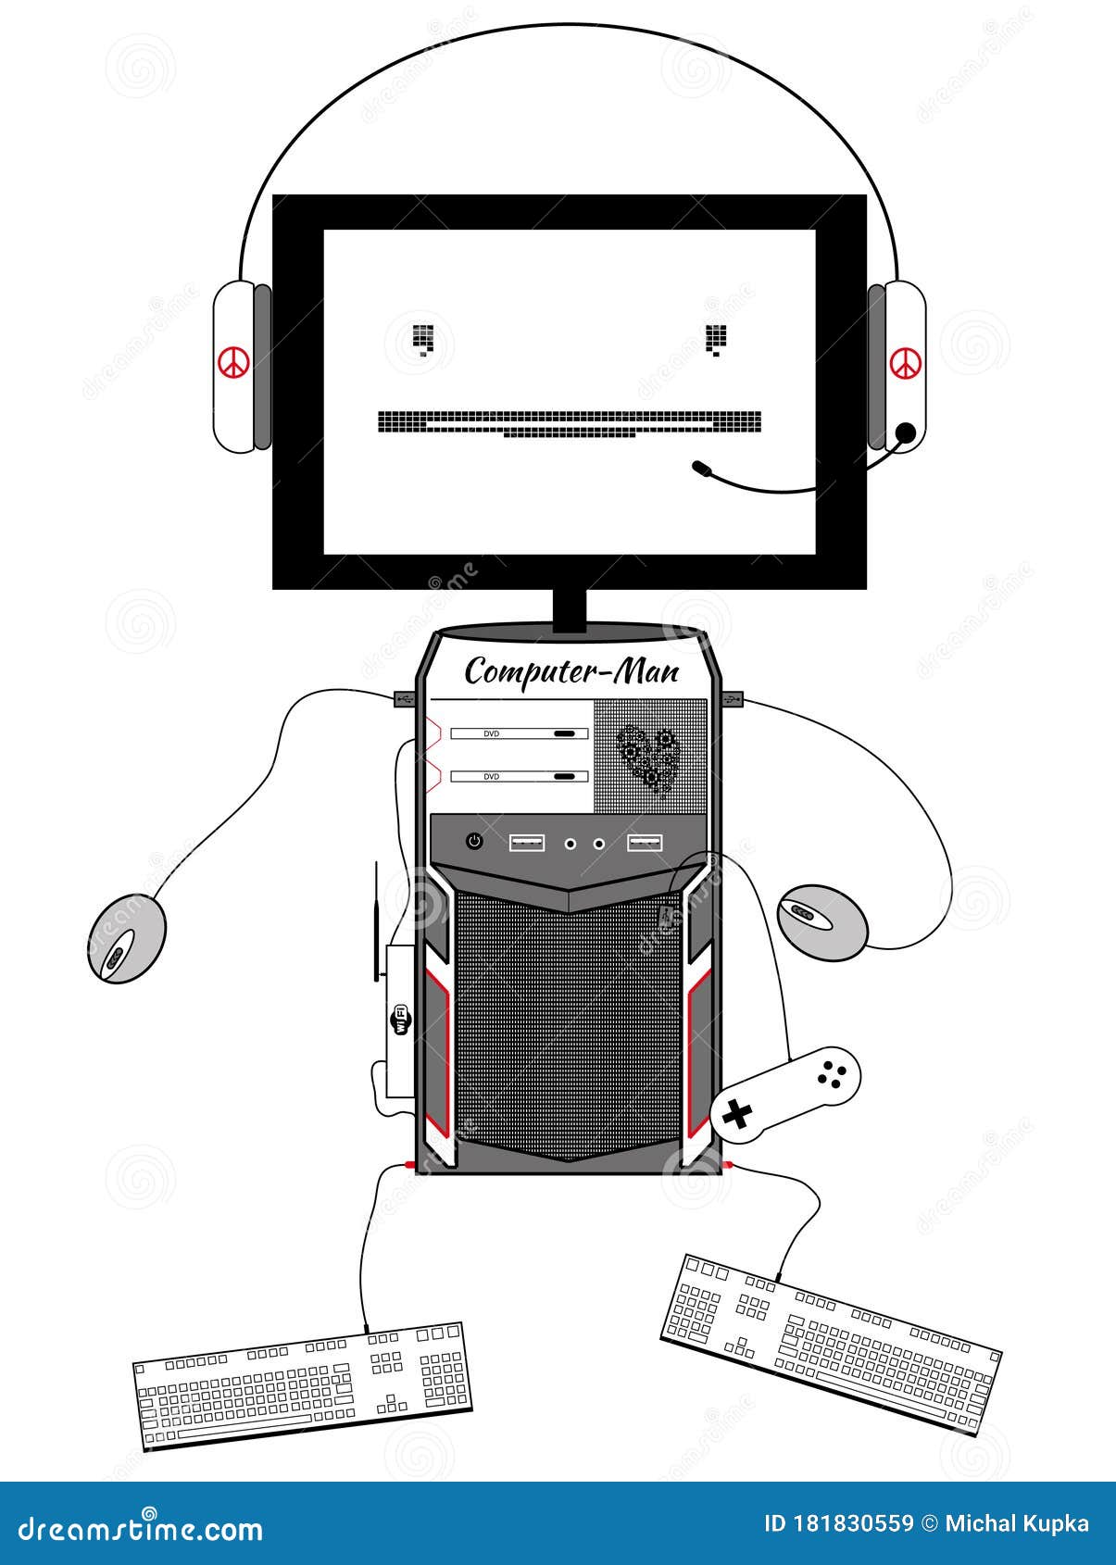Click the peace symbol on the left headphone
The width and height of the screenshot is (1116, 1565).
(x=233, y=362)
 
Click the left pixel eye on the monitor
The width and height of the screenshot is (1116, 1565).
(x=423, y=340)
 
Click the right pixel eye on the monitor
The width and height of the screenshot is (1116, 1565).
(x=716, y=340)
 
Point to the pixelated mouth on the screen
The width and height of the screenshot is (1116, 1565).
(x=570, y=423)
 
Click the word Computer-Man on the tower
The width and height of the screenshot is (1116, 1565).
(x=571, y=671)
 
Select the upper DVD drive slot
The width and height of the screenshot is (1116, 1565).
(x=519, y=733)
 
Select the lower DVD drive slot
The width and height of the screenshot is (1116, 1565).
(x=519, y=776)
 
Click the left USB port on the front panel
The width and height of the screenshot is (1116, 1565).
(x=527, y=843)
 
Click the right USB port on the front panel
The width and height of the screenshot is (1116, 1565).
(x=645, y=843)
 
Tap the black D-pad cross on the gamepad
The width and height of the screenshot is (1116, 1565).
(x=737, y=1114)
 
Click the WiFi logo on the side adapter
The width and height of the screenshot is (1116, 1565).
(x=400, y=1020)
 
